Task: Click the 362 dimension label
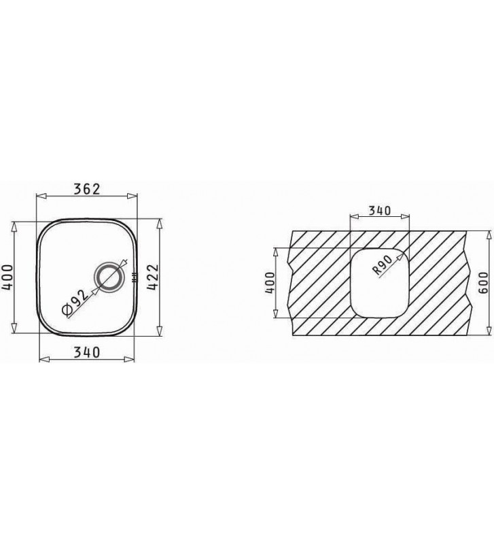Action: pyautogui.click(x=87, y=189)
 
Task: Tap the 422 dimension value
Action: pyautogui.click(x=153, y=277)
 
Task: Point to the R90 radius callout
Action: pyautogui.click(x=383, y=265)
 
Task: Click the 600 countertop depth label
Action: pyautogui.click(x=483, y=282)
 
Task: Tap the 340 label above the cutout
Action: pyautogui.click(x=380, y=211)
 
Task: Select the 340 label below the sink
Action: pyautogui.click(x=87, y=352)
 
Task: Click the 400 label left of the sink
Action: pyautogui.click(x=7, y=277)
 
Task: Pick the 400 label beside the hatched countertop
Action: pyautogui.click(x=270, y=283)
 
